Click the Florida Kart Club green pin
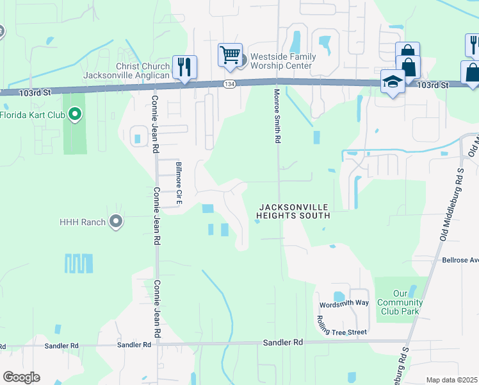tap(75, 116)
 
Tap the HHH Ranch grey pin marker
tap(116, 222)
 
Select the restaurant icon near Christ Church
tap(184, 67)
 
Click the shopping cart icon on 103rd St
tap(230, 55)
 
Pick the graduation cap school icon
tap(392, 82)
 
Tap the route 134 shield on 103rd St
tap(229, 84)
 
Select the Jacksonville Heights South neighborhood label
tap(294, 211)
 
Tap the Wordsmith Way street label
tap(345, 303)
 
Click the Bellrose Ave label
tap(460, 261)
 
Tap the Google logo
tap(21, 377)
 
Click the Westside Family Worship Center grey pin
tap(243, 61)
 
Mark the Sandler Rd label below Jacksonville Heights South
tap(282, 343)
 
